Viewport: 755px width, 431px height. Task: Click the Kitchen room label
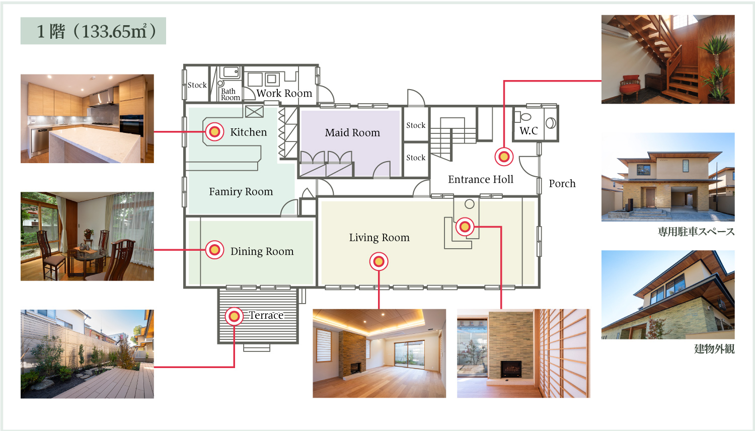click(x=249, y=132)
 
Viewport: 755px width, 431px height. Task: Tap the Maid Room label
click(x=352, y=132)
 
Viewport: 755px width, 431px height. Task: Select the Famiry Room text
click(x=241, y=191)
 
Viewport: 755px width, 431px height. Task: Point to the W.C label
click(x=528, y=130)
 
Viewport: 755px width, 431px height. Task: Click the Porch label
click(x=562, y=183)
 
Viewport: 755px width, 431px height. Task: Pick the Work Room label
click(x=284, y=93)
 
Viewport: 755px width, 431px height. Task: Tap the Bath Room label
click(x=230, y=95)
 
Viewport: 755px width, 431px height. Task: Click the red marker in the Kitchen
click(x=215, y=131)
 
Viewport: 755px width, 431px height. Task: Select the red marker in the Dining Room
click(x=215, y=250)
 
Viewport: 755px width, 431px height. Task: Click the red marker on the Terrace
click(x=234, y=316)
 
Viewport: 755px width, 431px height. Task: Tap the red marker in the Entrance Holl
click(x=504, y=157)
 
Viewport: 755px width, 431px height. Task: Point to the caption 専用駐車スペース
click(x=696, y=232)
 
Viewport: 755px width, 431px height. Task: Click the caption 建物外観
click(x=714, y=349)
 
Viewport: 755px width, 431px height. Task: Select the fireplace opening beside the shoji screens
click(x=511, y=369)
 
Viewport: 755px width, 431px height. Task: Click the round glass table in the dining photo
click(x=85, y=255)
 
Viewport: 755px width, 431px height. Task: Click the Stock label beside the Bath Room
click(x=197, y=85)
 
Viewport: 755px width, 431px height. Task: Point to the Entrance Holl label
click(x=481, y=179)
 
